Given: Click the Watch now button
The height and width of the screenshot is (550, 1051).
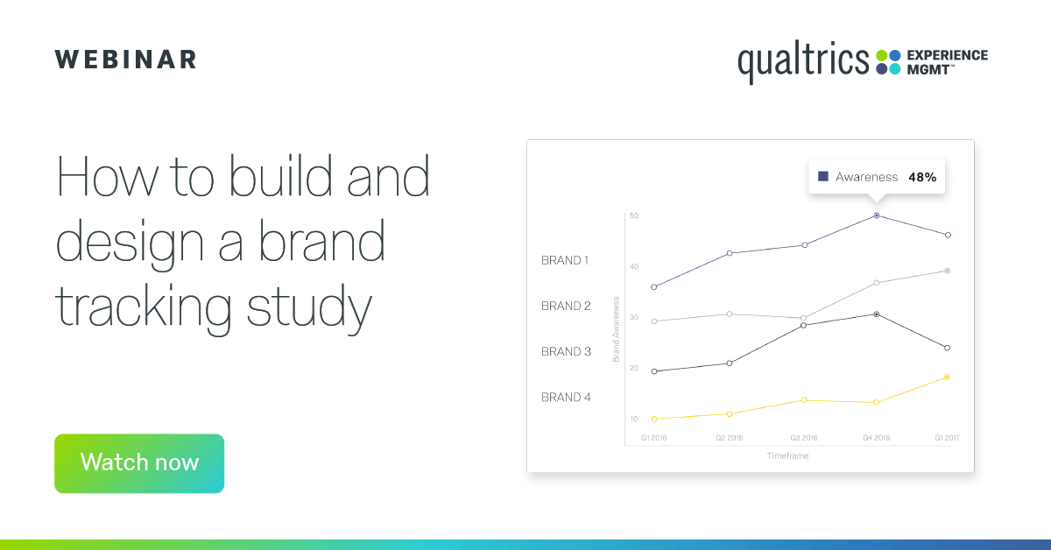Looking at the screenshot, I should (139, 463).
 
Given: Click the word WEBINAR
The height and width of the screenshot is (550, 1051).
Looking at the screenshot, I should (126, 60).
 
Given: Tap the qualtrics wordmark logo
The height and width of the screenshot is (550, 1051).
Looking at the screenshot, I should (802, 62).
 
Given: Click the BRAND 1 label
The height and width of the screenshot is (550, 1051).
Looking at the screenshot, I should (566, 260).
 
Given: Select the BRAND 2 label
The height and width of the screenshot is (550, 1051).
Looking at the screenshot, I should (566, 306).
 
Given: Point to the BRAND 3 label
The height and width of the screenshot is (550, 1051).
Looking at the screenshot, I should (566, 351).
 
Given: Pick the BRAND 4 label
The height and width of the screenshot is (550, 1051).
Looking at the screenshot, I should (566, 397).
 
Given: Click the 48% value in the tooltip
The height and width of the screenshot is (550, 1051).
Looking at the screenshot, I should (922, 177).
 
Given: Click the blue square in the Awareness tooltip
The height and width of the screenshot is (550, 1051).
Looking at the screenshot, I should (823, 177).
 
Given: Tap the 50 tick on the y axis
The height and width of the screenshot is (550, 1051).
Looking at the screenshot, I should (634, 215).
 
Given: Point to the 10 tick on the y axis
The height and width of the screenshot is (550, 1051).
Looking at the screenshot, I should (634, 419).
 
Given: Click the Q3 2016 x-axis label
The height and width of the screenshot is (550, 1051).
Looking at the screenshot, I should (804, 437).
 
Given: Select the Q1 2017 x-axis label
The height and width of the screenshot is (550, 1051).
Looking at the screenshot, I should (947, 437).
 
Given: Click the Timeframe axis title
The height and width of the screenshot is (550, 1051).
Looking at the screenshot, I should (787, 456).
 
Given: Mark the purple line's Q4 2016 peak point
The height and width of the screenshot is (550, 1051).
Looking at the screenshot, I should (876, 215).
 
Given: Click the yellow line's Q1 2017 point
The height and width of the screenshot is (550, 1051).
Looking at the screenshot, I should (948, 377).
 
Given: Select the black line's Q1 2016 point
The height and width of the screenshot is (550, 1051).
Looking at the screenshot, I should (654, 371).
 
